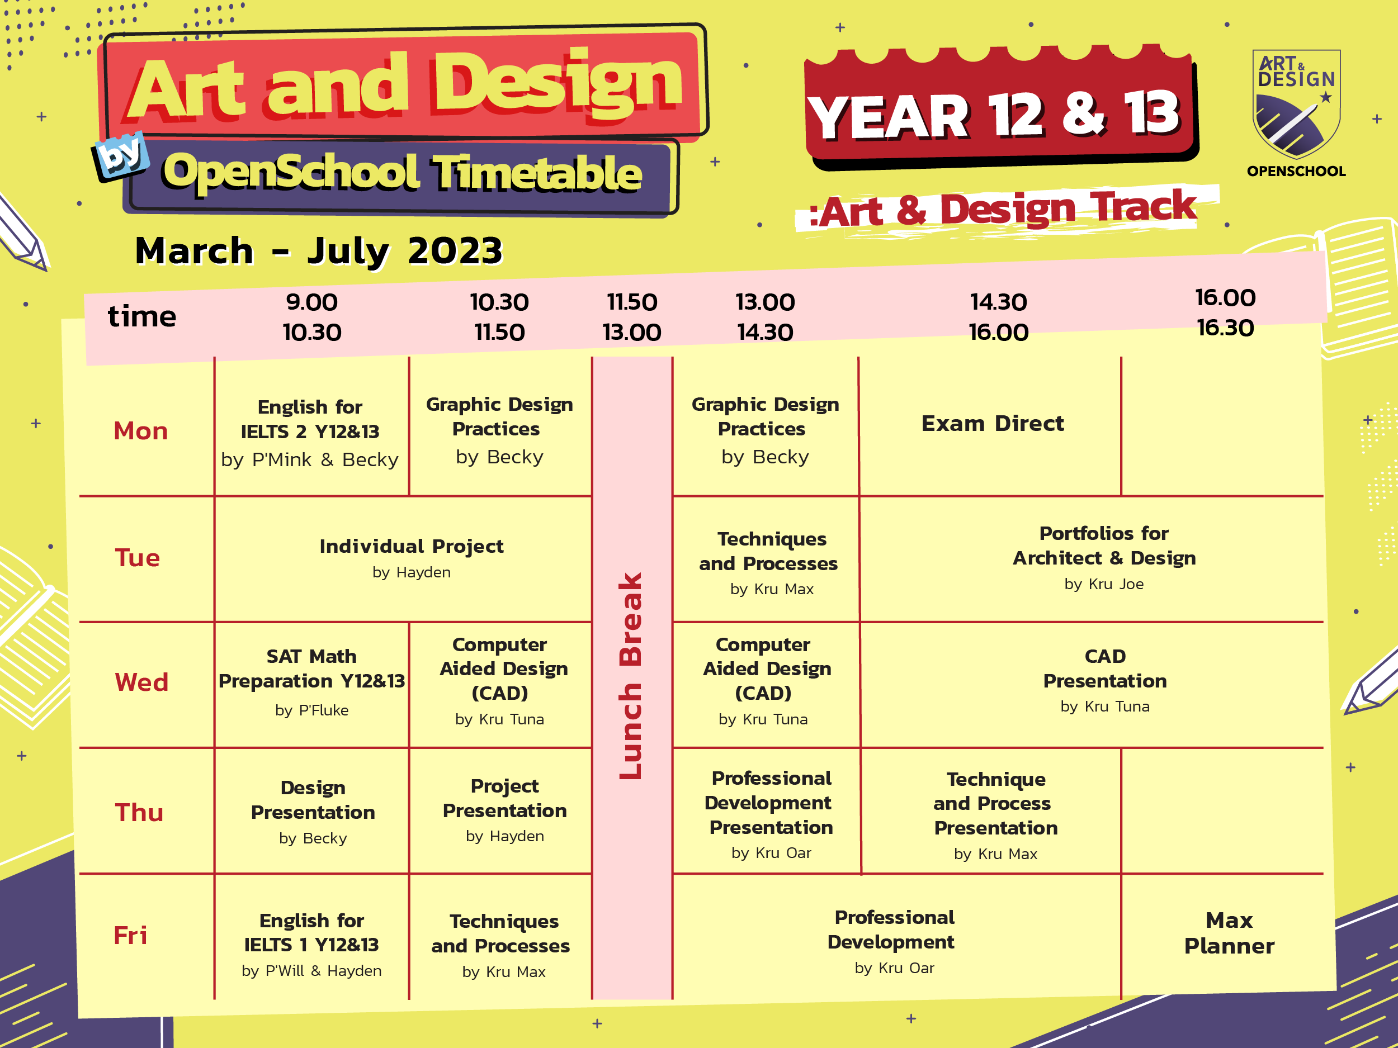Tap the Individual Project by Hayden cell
click(x=411, y=557)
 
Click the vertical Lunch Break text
click(x=631, y=676)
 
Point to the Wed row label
click(x=141, y=682)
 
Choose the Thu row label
click(x=139, y=812)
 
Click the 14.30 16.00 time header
click(x=999, y=317)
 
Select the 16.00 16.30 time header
click(x=1225, y=312)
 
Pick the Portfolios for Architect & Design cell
click(x=1103, y=557)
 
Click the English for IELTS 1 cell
click(x=311, y=944)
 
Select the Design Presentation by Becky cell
click(x=313, y=811)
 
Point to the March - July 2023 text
click(x=319, y=251)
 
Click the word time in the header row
click(x=142, y=316)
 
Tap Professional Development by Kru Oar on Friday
click(x=894, y=941)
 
